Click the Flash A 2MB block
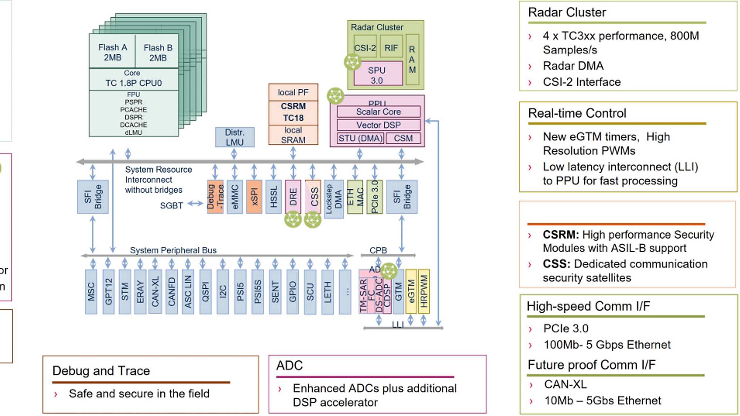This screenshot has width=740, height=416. click(112, 52)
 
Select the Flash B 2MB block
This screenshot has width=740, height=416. click(158, 53)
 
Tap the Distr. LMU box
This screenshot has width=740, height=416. click(235, 137)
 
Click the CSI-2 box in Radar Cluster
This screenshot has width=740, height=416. click(365, 48)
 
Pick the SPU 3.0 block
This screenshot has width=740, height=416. click(377, 75)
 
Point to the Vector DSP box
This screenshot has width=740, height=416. click(378, 125)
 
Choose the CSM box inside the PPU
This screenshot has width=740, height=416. click(403, 138)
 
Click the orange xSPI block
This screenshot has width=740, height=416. click(254, 196)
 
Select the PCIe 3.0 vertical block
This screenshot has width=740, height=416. click(374, 196)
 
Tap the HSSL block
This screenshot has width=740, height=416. click(273, 196)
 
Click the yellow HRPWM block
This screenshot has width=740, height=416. click(424, 291)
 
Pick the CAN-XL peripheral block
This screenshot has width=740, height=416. click(155, 291)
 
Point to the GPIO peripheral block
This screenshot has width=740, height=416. click(292, 291)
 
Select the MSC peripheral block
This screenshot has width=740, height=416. click(91, 291)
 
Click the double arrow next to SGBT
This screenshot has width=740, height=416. click(195, 203)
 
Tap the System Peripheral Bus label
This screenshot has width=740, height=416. click(173, 250)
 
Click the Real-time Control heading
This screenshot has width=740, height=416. click(577, 113)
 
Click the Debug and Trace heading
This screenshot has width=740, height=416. click(101, 371)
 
